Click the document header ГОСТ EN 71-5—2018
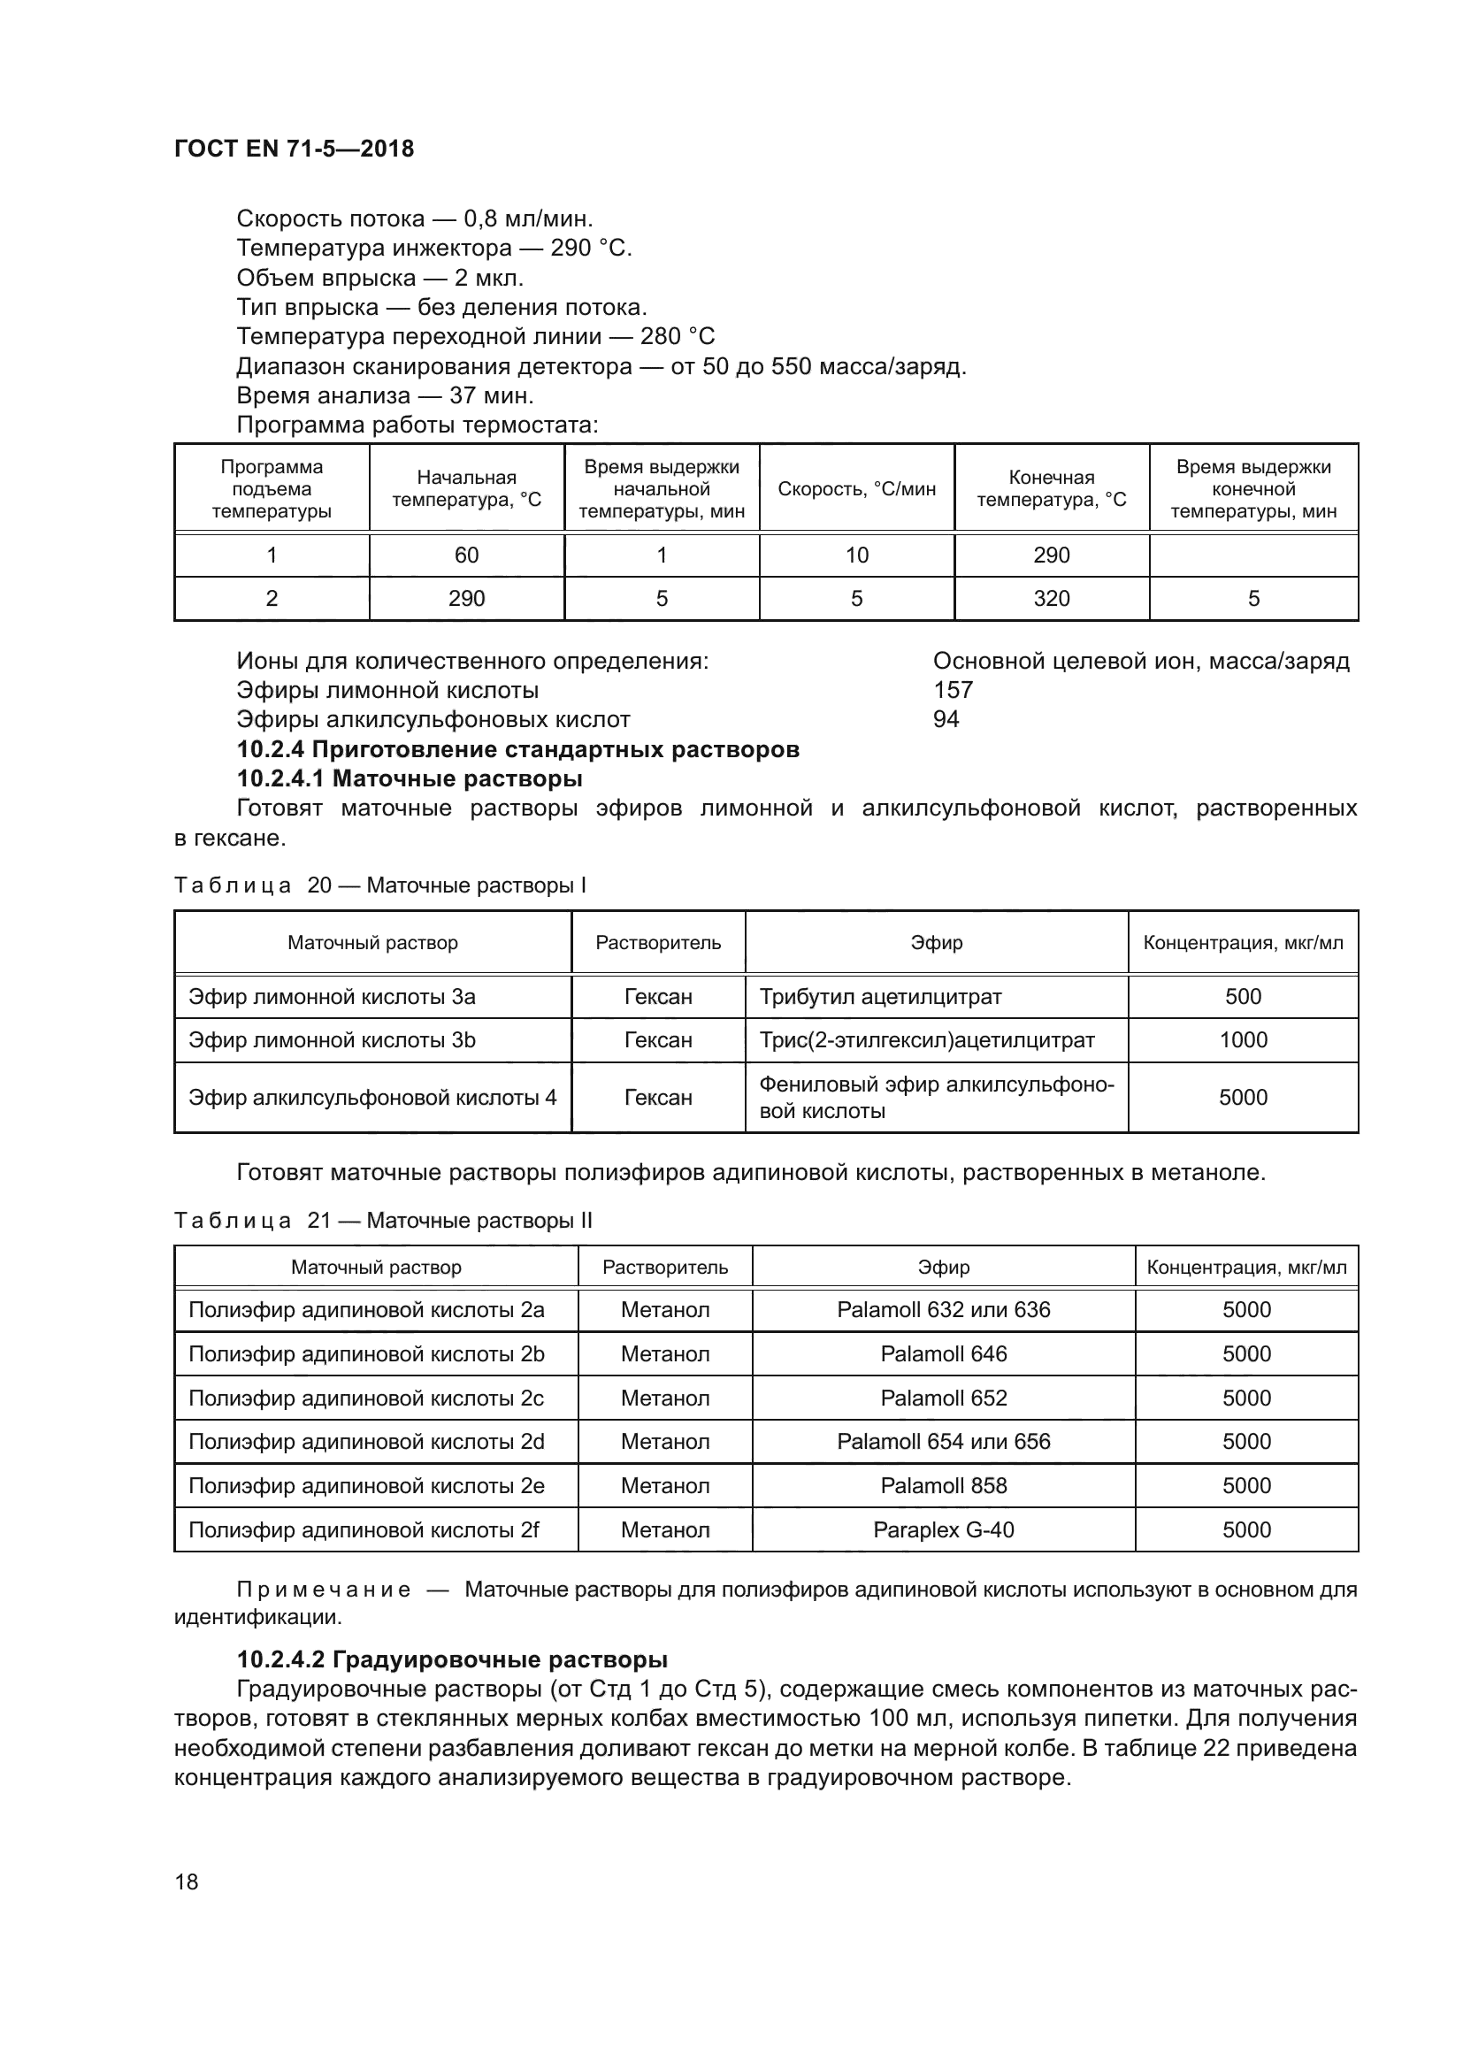pyautogui.click(x=294, y=149)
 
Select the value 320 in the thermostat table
pyautogui.click(x=1052, y=599)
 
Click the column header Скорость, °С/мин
pyautogui.click(x=856, y=489)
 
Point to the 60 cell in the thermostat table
pyautogui.click(x=466, y=556)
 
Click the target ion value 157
pyautogui.click(x=954, y=690)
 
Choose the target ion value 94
pyautogui.click(x=946, y=719)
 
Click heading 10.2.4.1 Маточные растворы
pyautogui.click(x=409, y=778)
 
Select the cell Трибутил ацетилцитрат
pyautogui.click(x=880, y=997)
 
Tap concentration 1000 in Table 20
pyautogui.click(x=1242, y=1040)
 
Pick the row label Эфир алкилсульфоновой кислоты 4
pyautogui.click(x=372, y=1098)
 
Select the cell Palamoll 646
pyautogui.click(x=943, y=1353)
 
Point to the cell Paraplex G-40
pyautogui.click(x=943, y=1529)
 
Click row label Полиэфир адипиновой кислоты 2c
pyautogui.click(x=366, y=1398)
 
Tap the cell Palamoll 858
pyautogui.click(x=943, y=1485)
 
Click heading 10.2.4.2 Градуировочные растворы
pyautogui.click(x=451, y=1659)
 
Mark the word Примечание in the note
pyautogui.click(x=324, y=1590)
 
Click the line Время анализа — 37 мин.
pyautogui.click(x=385, y=395)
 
